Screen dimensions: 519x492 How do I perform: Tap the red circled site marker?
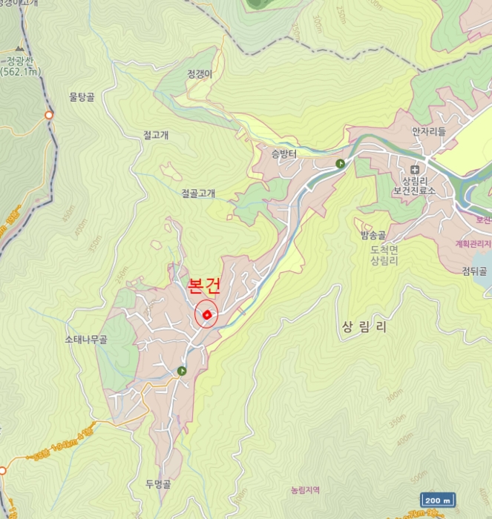206,315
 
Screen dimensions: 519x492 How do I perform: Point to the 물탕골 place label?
82,97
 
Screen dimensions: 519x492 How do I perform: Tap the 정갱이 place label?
200,74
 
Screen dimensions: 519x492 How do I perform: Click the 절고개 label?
156,135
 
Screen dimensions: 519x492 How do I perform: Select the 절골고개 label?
198,194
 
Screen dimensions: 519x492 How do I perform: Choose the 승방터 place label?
283,154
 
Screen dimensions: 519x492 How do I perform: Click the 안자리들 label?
430,131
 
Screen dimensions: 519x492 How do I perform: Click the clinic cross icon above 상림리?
414,169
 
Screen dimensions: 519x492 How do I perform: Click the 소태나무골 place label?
85,340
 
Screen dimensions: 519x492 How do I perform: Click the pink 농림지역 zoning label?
304,490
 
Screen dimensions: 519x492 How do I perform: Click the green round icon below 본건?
183,371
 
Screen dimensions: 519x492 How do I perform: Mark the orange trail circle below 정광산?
49,115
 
